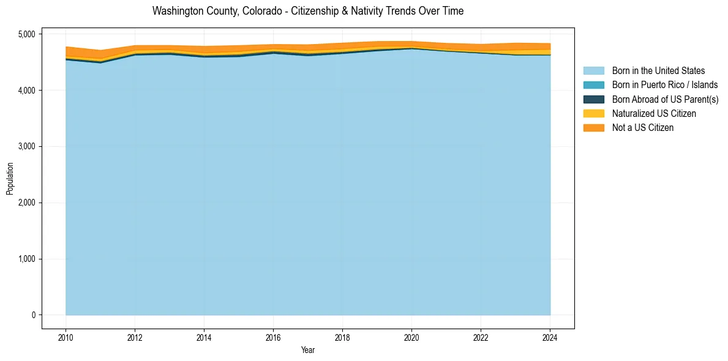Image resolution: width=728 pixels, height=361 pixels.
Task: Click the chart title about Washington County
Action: [307, 11]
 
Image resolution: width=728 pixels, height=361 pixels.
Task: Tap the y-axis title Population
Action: [9, 178]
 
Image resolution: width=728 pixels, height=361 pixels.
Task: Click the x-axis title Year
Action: [308, 350]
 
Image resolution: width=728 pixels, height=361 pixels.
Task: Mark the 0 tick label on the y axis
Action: [34, 315]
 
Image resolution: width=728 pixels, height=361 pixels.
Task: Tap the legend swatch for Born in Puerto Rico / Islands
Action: [593, 85]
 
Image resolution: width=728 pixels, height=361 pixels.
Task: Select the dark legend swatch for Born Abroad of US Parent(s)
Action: [593, 99]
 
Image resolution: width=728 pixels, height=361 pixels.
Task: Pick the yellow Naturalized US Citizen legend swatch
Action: [593, 113]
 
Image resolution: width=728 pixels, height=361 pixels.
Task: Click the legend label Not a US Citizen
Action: [642, 127]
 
